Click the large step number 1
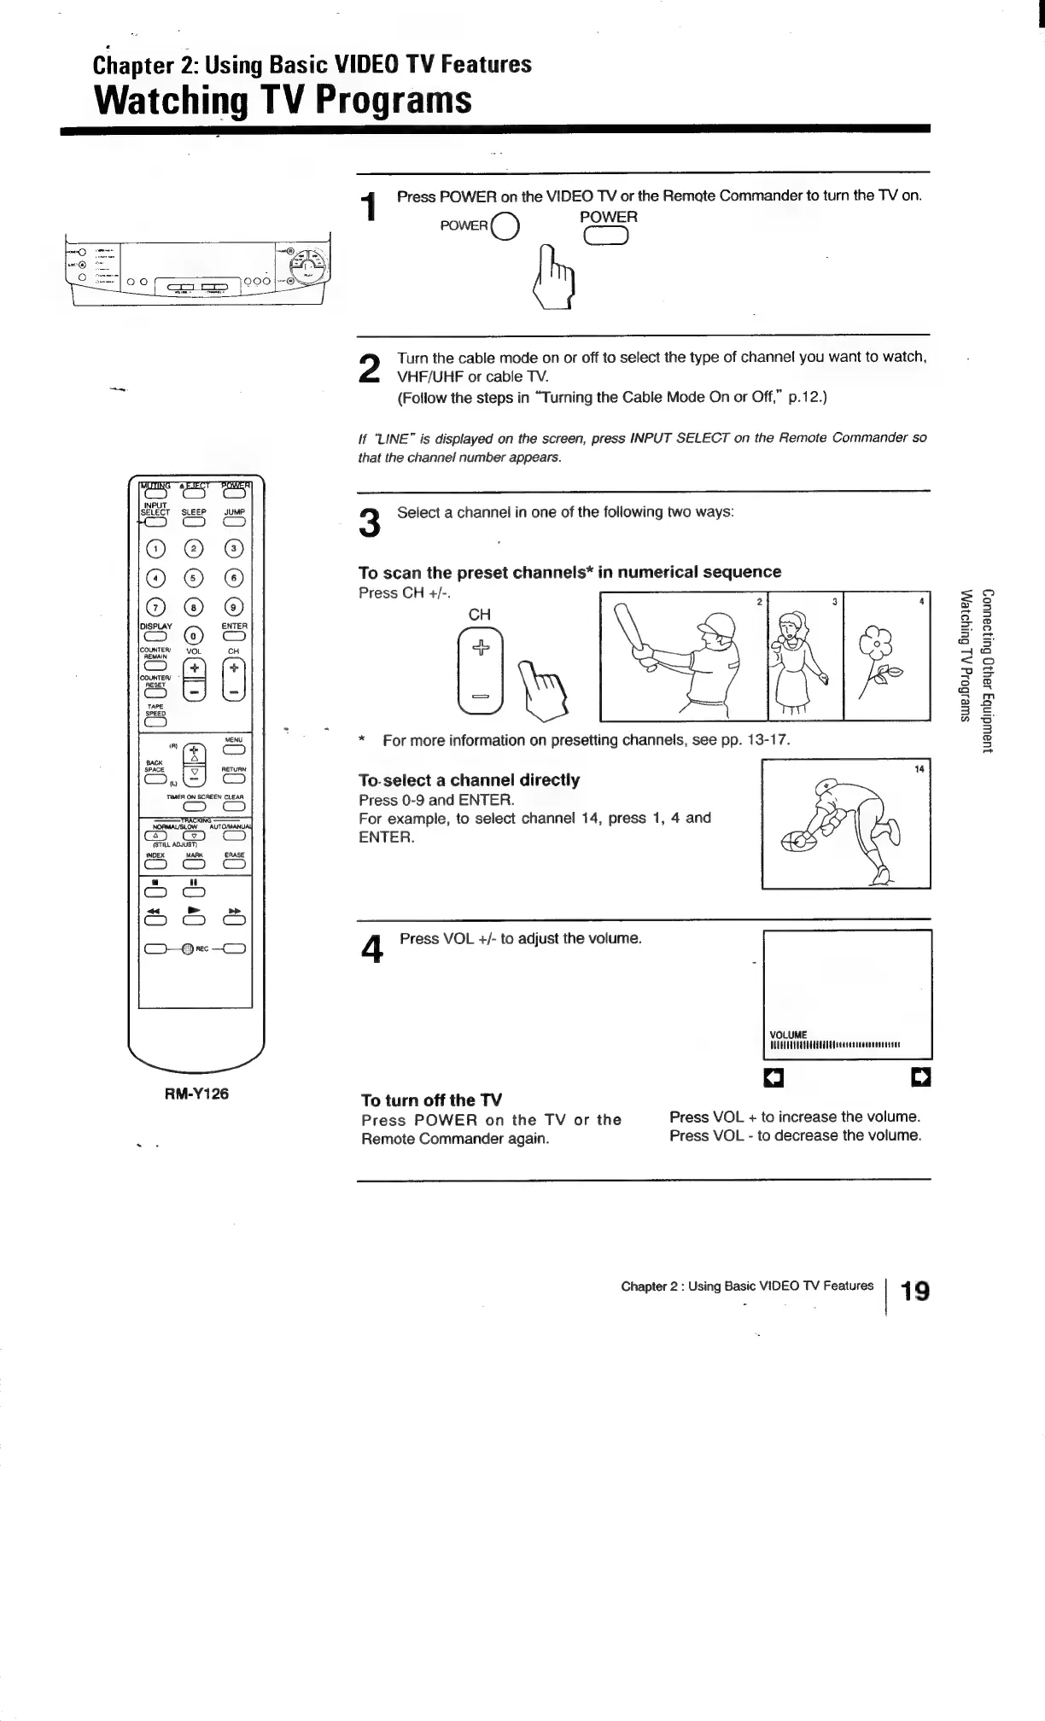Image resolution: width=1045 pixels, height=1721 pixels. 369,210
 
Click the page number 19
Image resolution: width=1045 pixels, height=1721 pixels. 915,1290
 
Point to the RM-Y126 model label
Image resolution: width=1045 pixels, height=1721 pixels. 196,1094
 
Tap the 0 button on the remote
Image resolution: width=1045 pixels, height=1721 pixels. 195,636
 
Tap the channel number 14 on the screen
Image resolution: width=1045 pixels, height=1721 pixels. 919,769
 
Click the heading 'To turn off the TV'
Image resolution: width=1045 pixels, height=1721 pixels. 431,1100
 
